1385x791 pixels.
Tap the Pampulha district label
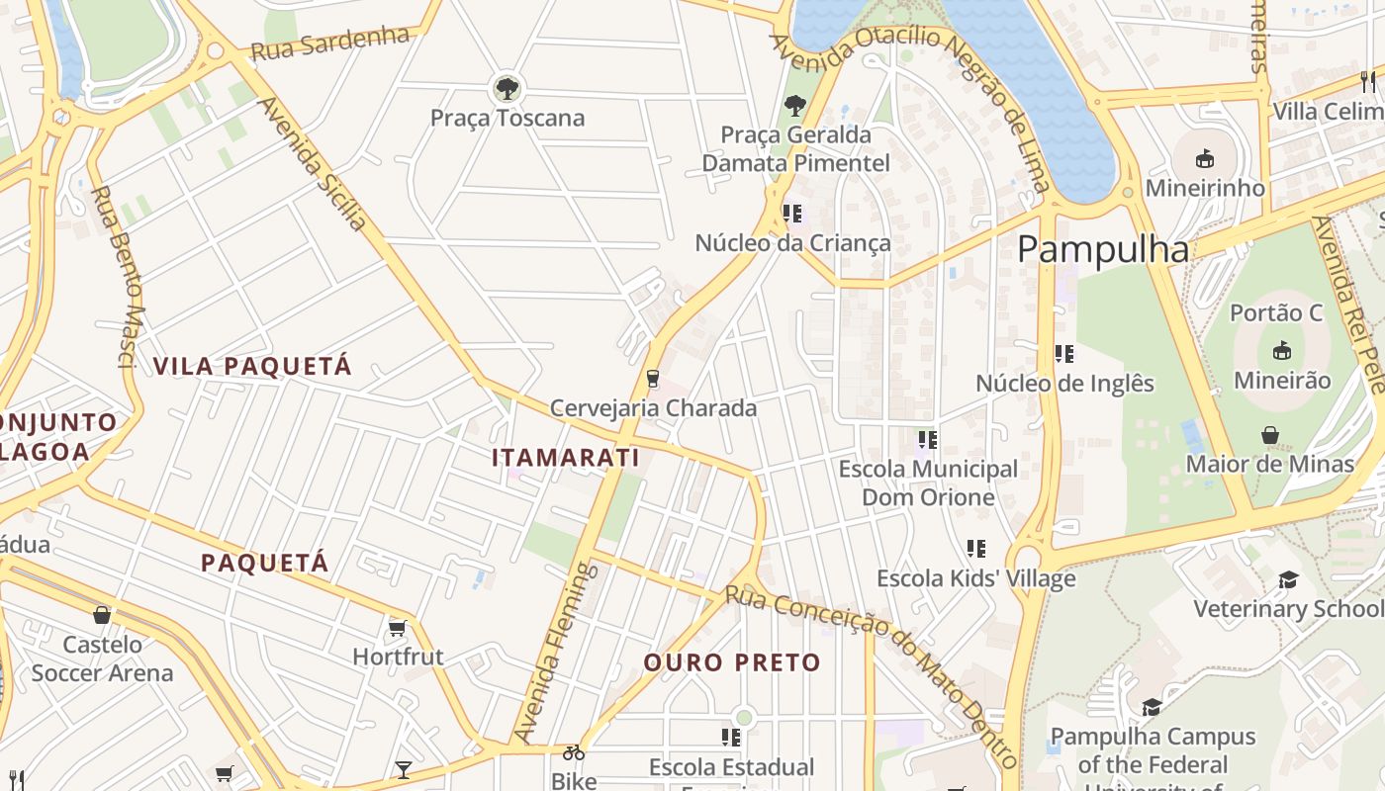coord(1103,249)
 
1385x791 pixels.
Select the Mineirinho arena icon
coord(1204,158)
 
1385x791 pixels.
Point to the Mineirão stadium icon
coord(1282,351)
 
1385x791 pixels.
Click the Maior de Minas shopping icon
coord(1270,435)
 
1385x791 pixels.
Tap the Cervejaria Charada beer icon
coord(652,378)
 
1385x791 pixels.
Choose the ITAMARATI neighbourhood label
coord(566,458)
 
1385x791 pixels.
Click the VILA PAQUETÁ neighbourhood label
coord(252,366)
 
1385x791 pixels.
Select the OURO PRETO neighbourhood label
coord(732,662)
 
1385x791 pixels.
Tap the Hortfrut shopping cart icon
coord(398,628)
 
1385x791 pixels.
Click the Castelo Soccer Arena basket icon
coord(101,615)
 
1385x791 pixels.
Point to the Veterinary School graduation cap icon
coord(1288,579)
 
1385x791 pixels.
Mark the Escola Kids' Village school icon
coord(976,548)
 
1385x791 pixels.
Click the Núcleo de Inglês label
coord(1064,384)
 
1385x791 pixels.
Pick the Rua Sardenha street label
coord(329,43)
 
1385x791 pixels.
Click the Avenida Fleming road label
coord(554,653)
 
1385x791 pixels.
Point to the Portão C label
coord(1276,313)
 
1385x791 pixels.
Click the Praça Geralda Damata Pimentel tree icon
coord(794,105)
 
